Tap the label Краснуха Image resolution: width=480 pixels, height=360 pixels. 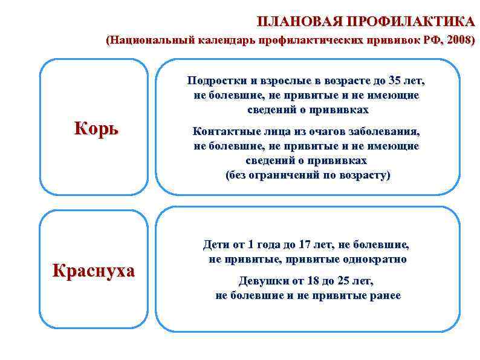[x=94, y=270]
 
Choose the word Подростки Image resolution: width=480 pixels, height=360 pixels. [x=214, y=81]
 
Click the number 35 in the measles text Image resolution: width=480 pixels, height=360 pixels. [x=394, y=81]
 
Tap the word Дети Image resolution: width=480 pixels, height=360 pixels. [x=216, y=245]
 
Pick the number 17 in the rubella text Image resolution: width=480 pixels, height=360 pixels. [x=305, y=245]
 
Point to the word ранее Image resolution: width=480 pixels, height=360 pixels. [x=385, y=296]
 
